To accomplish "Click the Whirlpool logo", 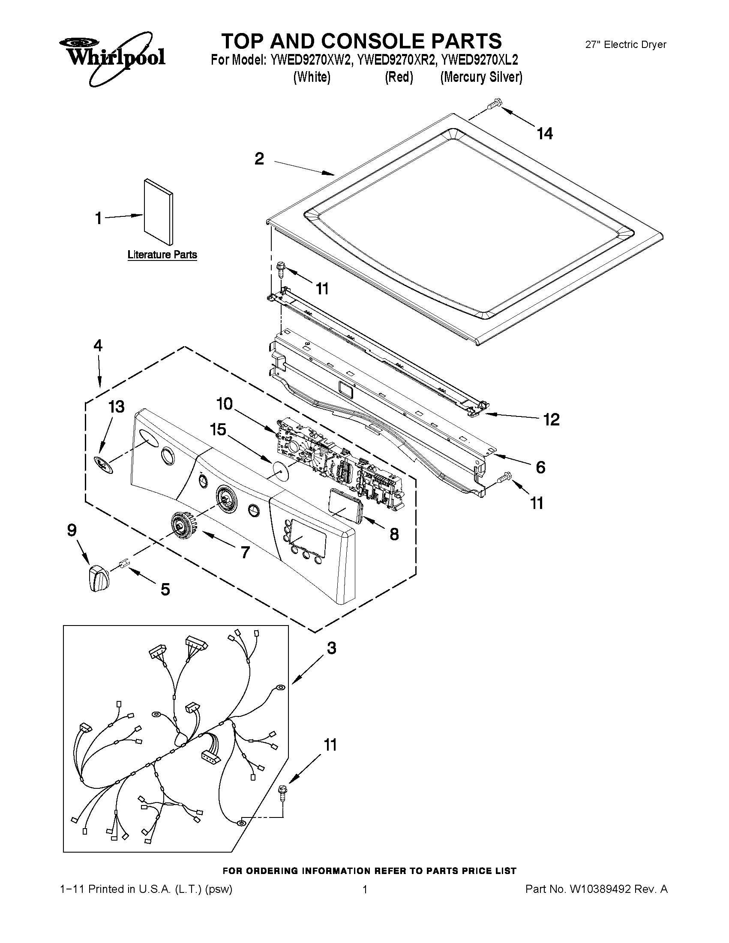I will [x=111, y=57].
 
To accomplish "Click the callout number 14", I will [x=545, y=134].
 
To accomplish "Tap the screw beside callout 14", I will [x=494, y=104].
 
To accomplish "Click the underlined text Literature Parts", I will [x=162, y=255].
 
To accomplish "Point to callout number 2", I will [x=259, y=159].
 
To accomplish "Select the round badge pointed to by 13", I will [x=103, y=464].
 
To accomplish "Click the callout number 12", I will [x=552, y=419].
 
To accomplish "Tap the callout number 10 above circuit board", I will [x=225, y=404].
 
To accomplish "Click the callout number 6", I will [x=540, y=467].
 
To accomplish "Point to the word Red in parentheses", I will [x=399, y=77].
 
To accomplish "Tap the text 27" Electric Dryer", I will [x=625, y=45].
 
